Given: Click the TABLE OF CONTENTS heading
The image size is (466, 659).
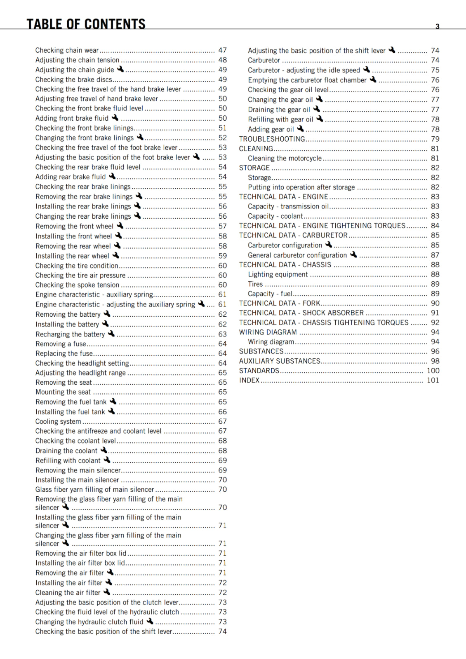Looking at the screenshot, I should click(86, 24).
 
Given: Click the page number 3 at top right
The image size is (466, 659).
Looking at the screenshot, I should click(438, 26).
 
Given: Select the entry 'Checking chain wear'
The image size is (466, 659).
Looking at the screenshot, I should click(67, 50).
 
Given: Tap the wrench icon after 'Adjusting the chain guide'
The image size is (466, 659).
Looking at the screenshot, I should click(120, 69).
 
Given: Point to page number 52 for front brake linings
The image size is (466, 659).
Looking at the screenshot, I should click(223, 138).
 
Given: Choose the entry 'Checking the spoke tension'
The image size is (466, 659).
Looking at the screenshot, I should click(77, 285).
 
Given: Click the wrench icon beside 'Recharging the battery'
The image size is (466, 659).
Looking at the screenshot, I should click(111, 334).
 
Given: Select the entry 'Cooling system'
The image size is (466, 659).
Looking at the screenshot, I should click(58, 421).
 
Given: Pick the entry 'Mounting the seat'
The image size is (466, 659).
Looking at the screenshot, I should click(63, 392).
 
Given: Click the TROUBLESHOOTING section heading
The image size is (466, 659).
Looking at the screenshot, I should click(272, 139).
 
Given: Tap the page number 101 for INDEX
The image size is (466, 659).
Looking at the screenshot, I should click(433, 380).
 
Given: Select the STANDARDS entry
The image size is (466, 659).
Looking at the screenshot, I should click(259, 371).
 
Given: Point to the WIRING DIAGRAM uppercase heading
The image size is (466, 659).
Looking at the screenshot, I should click(268, 332).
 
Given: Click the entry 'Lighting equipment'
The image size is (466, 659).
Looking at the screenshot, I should click(278, 274).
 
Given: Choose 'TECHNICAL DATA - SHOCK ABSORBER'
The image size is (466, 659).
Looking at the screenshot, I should click(301, 313).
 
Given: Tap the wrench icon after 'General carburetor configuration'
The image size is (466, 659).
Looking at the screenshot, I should click(353, 255).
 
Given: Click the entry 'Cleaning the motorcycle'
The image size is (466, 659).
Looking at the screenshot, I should click(285, 158).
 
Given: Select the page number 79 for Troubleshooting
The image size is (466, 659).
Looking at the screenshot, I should click(435, 139).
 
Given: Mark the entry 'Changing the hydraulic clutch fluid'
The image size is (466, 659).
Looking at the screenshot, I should click(89, 622).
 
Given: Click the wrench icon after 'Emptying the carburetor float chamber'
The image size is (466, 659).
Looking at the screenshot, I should click(373, 79).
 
